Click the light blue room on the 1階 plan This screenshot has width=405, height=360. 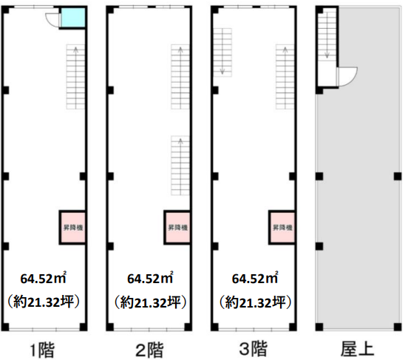coord(73,17)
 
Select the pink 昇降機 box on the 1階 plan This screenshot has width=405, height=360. coord(73,228)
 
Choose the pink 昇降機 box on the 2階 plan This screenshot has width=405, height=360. coord(177,228)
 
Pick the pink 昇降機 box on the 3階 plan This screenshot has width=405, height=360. coord(282,228)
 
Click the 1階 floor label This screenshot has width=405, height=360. coord(43,350)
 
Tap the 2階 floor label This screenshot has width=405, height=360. coord(149,350)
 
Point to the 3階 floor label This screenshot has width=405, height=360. coord(253,350)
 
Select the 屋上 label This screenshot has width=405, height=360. coord(357,349)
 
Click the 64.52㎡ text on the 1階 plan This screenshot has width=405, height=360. coord(43,278)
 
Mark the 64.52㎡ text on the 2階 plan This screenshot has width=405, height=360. coord(150,278)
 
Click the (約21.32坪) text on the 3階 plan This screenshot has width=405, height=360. coord(255,302)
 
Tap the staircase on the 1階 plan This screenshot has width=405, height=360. coord(75,77)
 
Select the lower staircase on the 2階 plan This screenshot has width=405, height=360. coord(180,166)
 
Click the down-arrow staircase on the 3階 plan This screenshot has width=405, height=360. coord(222,52)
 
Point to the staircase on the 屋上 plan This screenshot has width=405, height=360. coord(327,35)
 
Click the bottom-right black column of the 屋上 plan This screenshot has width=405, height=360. coord(398,327)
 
